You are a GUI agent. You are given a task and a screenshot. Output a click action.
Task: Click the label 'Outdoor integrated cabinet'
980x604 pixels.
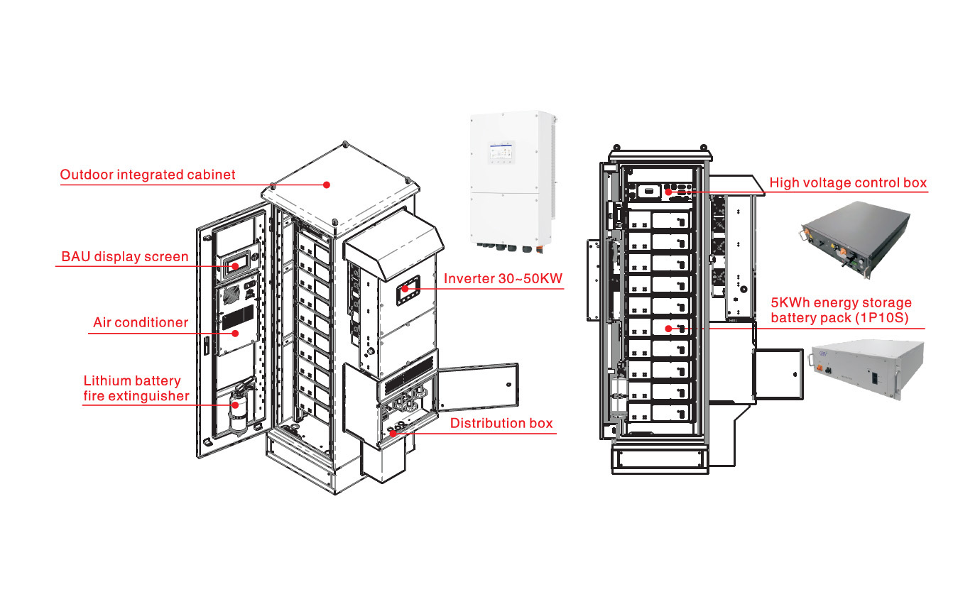click(147, 175)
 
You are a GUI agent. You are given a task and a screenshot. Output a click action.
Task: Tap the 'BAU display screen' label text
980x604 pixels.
click(125, 256)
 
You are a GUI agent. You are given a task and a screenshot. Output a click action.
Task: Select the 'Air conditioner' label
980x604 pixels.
click(141, 322)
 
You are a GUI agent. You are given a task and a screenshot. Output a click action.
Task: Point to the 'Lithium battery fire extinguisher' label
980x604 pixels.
click(136, 388)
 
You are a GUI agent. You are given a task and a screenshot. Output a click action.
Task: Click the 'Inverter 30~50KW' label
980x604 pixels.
click(503, 278)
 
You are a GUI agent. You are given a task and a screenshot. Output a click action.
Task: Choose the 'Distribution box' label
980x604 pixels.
click(501, 423)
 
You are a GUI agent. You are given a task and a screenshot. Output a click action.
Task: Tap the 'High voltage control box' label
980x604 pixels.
click(848, 182)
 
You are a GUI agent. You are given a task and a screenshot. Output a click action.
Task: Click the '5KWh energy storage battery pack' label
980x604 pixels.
click(841, 310)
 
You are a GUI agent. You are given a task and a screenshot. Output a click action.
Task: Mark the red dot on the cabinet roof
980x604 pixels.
click(327, 185)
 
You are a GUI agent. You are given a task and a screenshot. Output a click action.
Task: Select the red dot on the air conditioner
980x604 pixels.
click(235, 333)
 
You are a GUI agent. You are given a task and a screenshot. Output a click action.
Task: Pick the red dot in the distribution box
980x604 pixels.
click(393, 433)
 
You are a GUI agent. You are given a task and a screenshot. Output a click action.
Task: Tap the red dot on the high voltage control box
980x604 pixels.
click(669, 191)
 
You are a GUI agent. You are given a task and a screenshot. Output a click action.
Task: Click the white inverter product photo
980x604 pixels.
click(511, 181)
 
